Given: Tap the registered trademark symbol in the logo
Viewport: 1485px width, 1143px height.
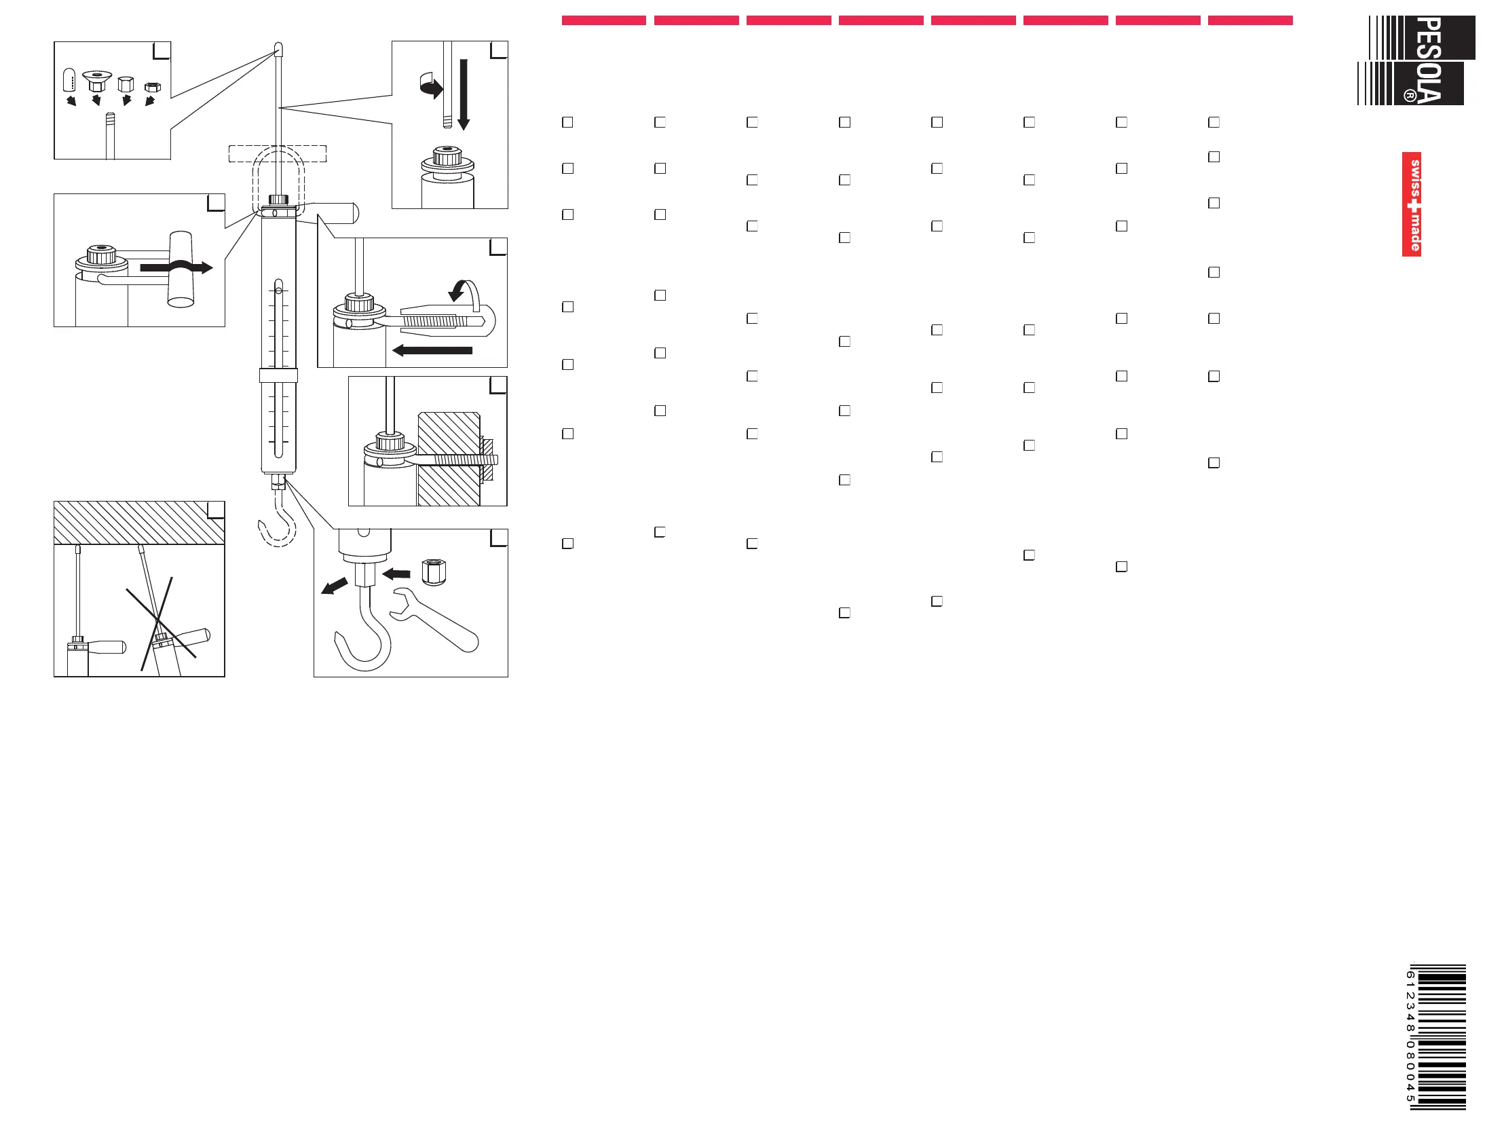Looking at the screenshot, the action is (x=1410, y=96).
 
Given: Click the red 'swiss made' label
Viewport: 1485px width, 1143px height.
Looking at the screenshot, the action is (x=1412, y=204).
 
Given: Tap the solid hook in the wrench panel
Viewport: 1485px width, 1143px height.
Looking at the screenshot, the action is (x=364, y=636).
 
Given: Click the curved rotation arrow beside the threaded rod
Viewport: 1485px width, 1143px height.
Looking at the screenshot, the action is (x=431, y=86).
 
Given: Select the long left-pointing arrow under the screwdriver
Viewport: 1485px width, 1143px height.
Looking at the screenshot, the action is (x=432, y=351).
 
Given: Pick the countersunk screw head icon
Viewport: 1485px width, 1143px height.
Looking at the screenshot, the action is (x=96, y=80).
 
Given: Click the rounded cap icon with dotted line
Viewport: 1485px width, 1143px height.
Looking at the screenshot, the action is (x=69, y=79).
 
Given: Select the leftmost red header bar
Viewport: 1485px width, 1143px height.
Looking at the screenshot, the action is (x=603, y=20).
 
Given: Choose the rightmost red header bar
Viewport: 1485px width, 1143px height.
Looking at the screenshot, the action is (x=1249, y=20).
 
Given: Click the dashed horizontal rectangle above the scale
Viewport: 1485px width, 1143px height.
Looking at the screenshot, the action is (x=278, y=153).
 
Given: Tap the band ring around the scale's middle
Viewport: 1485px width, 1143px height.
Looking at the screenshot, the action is (x=278, y=375).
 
